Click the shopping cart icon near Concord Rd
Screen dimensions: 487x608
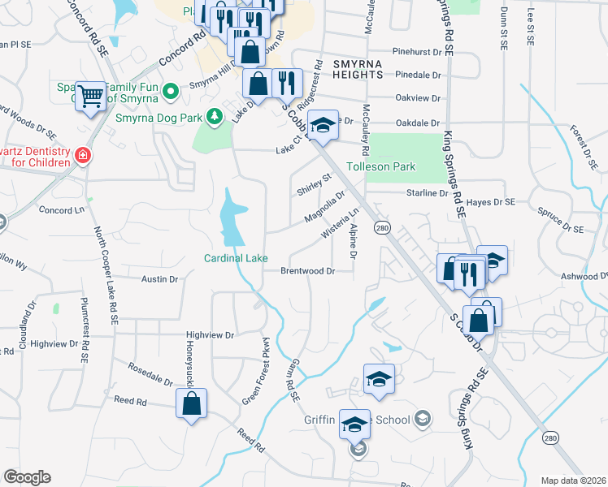[x=90, y=97]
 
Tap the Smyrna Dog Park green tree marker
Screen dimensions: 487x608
[x=215, y=117]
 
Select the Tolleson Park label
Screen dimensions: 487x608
[x=381, y=166]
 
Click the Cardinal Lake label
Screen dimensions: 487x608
[x=236, y=258]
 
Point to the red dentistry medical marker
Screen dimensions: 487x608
[x=81, y=156]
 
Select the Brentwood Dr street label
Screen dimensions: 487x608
[x=308, y=270]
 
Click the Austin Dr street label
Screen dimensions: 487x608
[x=159, y=278]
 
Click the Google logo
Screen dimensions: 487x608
[x=27, y=477]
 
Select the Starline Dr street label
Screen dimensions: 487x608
[x=427, y=193]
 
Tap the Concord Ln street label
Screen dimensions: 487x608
[x=62, y=209]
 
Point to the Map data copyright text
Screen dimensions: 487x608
[x=574, y=481]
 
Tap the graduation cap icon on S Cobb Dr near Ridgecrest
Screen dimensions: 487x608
[x=324, y=124]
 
